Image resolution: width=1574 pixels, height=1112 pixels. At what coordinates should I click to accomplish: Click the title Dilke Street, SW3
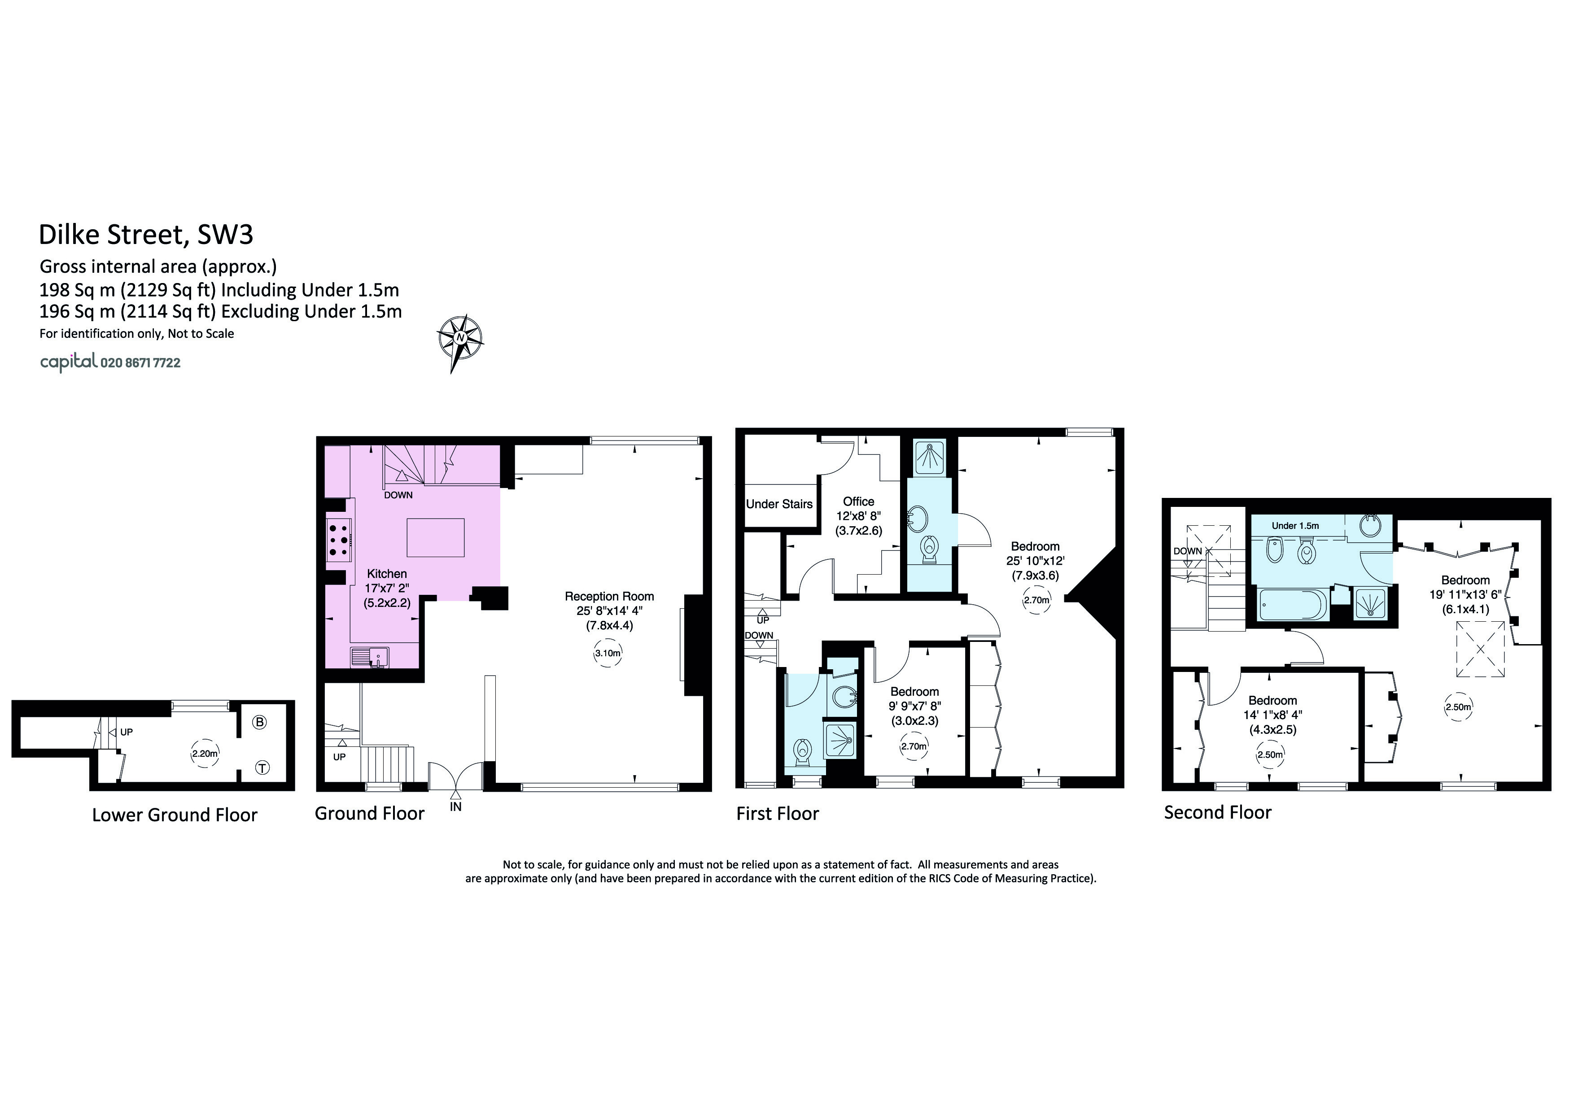(x=146, y=234)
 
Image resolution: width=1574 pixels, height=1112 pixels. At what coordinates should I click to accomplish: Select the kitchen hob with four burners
(x=337, y=539)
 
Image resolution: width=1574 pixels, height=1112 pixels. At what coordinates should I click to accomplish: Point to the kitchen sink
(x=370, y=658)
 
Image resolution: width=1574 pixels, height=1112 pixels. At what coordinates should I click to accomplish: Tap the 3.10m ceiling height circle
(x=608, y=653)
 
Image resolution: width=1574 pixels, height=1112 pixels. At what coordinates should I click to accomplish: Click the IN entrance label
(x=456, y=807)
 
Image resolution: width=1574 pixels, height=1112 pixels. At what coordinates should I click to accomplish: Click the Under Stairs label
(x=779, y=504)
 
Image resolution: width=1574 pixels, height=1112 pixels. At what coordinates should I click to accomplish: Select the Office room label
(x=858, y=501)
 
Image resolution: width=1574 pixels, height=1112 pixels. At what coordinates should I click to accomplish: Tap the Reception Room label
(x=609, y=597)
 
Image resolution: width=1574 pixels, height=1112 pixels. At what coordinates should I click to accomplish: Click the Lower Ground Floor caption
(x=175, y=815)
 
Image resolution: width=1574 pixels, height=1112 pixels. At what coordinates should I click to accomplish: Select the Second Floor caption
(x=1218, y=813)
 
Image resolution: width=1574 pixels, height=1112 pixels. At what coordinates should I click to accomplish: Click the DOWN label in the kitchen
(x=398, y=495)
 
